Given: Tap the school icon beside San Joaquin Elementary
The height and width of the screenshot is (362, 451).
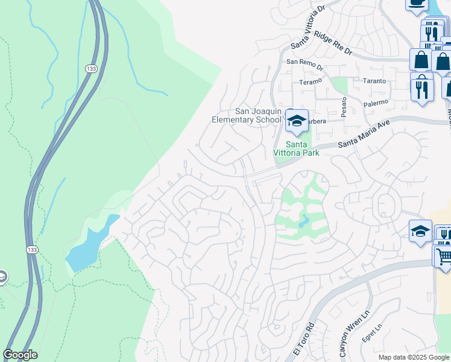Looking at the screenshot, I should pyautogui.click(x=297, y=121).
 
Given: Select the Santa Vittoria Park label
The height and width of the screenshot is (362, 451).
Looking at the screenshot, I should pyautogui.click(x=293, y=148).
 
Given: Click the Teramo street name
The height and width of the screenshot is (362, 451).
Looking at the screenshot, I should pyautogui.click(x=312, y=81).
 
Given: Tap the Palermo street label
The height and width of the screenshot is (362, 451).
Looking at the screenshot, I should pyautogui.click(x=377, y=104).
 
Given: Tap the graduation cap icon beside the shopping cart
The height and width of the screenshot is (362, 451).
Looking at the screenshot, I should pyautogui.click(x=420, y=231).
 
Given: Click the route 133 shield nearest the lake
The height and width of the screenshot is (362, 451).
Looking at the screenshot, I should pyautogui.click(x=31, y=249).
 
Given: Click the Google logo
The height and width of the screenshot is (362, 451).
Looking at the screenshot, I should pyautogui.click(x=20, y=355).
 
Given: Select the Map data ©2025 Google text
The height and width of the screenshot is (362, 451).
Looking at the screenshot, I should pyautogui.click(x=414, y=357).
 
